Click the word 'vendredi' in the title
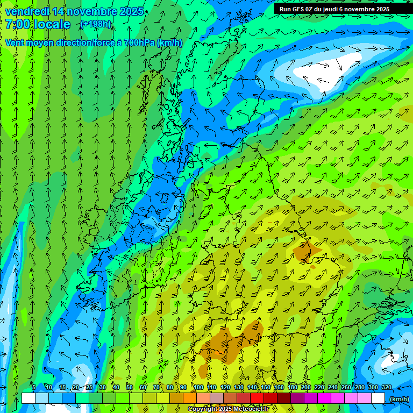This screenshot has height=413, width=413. (27, 11)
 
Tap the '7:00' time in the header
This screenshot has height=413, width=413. (18, 24)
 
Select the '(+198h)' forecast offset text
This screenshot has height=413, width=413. (95, 24)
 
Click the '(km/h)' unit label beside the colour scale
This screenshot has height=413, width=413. (398, 398)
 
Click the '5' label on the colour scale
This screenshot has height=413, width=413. (33, 387)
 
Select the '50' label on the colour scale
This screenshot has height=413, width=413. (130, 387)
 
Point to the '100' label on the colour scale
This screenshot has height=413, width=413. (198, 387)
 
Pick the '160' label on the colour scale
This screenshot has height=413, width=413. (279, 387)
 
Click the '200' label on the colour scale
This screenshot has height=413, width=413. (306, 387)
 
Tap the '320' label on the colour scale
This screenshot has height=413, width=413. (387, 387)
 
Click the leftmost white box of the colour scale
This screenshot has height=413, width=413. (29, 398)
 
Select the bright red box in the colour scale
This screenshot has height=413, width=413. (257, 398)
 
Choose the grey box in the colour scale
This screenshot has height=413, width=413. (217, 398)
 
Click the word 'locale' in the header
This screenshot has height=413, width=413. (52, 24)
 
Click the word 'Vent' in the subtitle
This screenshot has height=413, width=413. (15, 42)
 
